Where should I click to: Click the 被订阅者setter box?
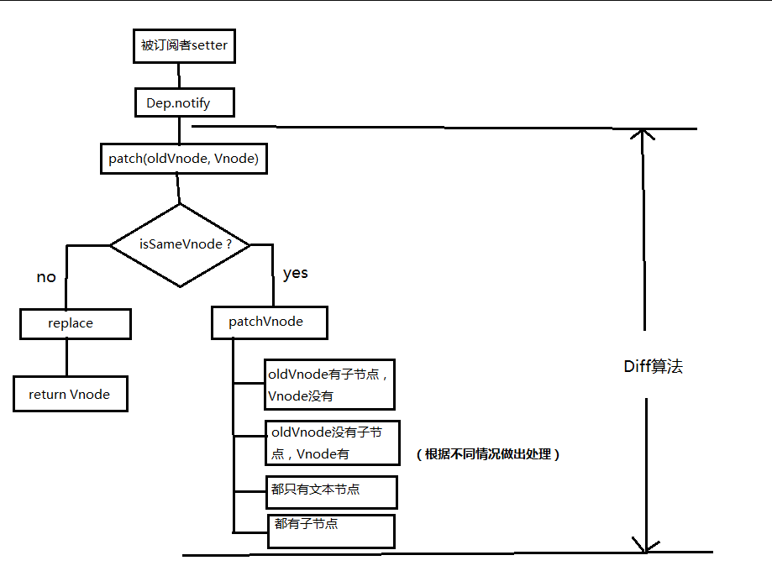[x=184, y=46]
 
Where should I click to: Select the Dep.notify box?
[x=184, y=103]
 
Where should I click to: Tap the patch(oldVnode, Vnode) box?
[x=183, y=158]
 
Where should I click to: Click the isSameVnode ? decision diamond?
[x=181, y=244]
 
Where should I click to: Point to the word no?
[x=46, y=277]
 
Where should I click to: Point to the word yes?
[x=296, y=274]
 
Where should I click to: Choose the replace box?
[x=76, y=323]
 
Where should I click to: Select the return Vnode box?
[x=71, y=394]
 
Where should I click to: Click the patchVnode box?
[x=268, y=322]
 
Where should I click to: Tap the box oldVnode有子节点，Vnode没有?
[x=328, y=384]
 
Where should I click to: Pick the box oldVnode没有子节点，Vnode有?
[x=331, y=443]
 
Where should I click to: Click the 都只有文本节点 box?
[x=329, y=491]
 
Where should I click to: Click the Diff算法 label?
[x=653, y=366]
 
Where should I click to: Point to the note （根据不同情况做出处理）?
[x=487, y=454]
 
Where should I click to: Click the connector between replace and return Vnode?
[x=66, y=358]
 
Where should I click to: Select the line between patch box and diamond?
[x=179, y=188]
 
